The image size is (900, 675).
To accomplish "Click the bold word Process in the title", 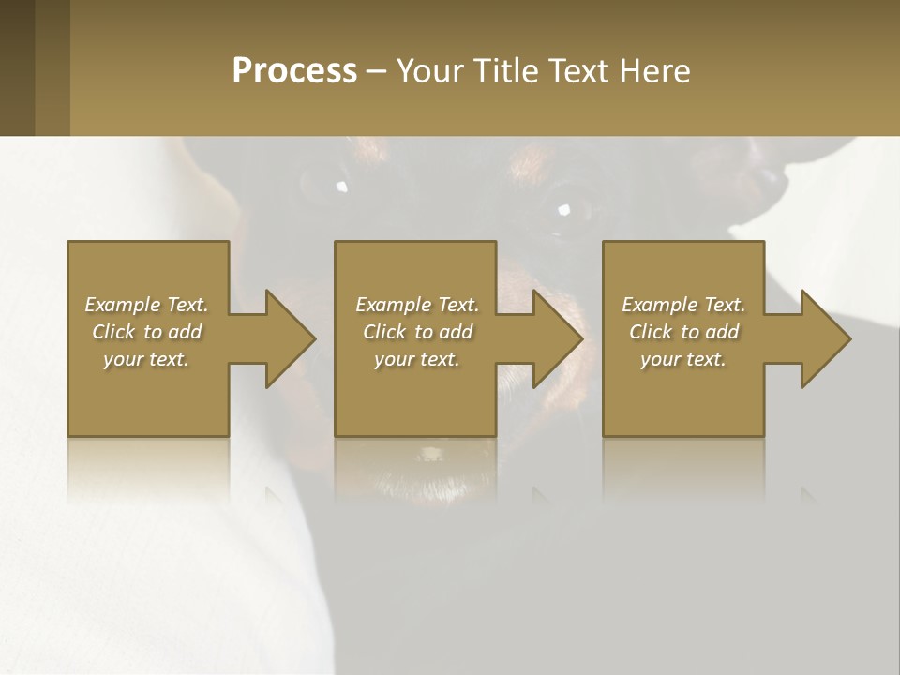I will click(294, 70).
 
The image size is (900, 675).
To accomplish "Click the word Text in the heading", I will click(579, 70).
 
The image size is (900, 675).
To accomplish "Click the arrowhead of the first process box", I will click(289, 338).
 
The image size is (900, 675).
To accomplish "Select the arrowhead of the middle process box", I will click(557, 338).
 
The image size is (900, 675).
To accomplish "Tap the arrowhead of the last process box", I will click(824, 338).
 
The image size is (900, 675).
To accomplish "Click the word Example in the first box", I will click(123, 305).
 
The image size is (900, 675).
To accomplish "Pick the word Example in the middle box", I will click(394, 305).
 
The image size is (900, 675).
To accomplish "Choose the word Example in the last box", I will click(660, 305).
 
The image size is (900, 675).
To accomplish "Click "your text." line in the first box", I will click(146, 359).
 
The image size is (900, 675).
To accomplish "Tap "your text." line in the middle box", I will click(416, 359).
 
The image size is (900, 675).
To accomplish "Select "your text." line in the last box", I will click(683, 359).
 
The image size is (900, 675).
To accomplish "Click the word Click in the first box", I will click(114, 332).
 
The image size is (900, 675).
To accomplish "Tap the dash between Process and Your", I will click(377, 70).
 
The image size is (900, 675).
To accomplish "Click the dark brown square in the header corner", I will click(17, 67).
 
